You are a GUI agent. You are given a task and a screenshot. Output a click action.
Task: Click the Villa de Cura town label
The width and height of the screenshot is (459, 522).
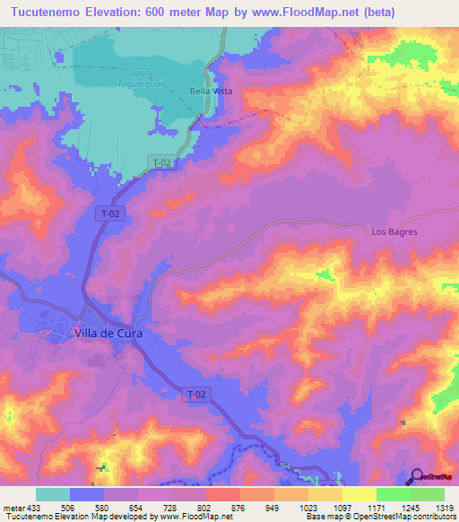[x=106, y=334]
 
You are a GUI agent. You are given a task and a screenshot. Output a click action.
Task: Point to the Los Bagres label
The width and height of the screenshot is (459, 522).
[x=394, y=231]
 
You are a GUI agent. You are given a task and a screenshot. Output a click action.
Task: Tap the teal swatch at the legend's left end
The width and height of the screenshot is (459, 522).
[x=53, y=494]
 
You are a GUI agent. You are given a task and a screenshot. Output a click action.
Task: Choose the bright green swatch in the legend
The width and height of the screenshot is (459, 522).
[x=393, y=494]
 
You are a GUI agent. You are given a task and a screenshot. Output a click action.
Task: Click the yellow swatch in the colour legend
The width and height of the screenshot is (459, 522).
[x=359, y=494]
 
